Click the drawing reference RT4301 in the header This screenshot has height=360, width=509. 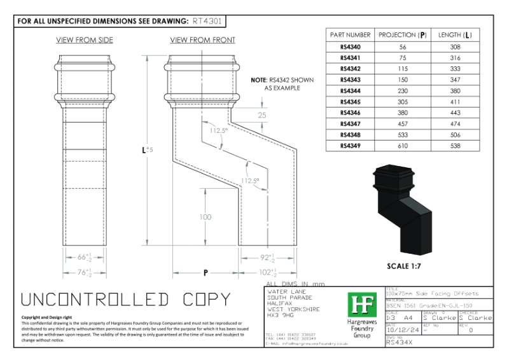tap(207, 21)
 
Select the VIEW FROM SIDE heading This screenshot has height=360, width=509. tap(85, 40)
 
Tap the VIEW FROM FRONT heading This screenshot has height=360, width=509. tap(202, 40)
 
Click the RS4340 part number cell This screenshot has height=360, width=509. tap(349, 48)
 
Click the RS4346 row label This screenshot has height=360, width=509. tap(349, 112)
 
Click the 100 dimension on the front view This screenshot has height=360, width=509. tap(205, 218)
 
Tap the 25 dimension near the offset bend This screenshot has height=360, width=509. tap(262, 115)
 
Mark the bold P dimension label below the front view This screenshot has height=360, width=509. tap(206, 273)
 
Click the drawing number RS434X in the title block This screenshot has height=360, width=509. tap(401, 343)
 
